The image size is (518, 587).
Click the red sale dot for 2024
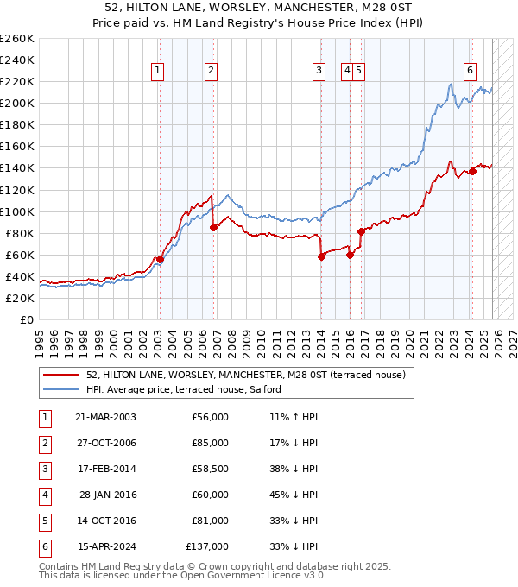pos(473,171)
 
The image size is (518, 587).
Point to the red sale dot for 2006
pos(213,227)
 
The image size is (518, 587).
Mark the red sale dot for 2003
pos(160,259)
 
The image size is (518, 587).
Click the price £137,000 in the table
pos(207,546)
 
